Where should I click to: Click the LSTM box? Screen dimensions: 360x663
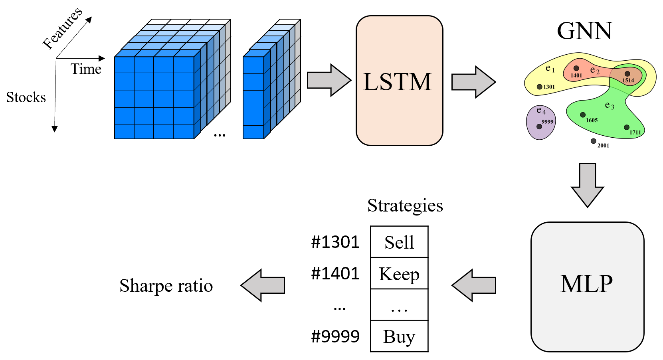[x=399, y=81]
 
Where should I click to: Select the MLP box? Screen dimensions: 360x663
[x=587, y=287]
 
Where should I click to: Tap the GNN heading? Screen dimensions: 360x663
[x=584, y=31]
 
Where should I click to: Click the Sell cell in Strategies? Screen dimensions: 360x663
[x=399, y=242]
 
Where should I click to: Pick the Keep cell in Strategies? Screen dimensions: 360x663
[x=399, y=274]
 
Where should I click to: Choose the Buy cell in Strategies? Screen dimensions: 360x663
[x=399, y=336]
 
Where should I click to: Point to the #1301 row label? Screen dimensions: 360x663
[x=335, y=242]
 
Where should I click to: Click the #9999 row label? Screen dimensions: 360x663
[x=335, y=336]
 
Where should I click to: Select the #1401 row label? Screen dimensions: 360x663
[x=335, y=274]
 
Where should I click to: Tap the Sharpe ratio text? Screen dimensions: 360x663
[x=166, y=286]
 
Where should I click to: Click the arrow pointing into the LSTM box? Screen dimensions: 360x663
[x=329, y=80]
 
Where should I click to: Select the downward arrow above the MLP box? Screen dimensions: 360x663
[x=587, y=184]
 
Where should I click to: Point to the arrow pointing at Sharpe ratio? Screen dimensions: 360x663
[x=263, y=285]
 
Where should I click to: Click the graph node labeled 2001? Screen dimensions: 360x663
[x=594, y=141]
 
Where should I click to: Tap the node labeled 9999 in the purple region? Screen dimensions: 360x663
[x=539, y=127]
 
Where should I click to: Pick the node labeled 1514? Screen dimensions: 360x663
[x=627, y=74]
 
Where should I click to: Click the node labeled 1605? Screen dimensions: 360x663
[x=583, y=115]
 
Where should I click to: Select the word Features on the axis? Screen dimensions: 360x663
[x=63, y=28]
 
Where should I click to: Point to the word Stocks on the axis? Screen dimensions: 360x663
[x=26, y=97]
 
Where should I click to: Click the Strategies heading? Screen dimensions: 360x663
[x=405, y=206]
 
